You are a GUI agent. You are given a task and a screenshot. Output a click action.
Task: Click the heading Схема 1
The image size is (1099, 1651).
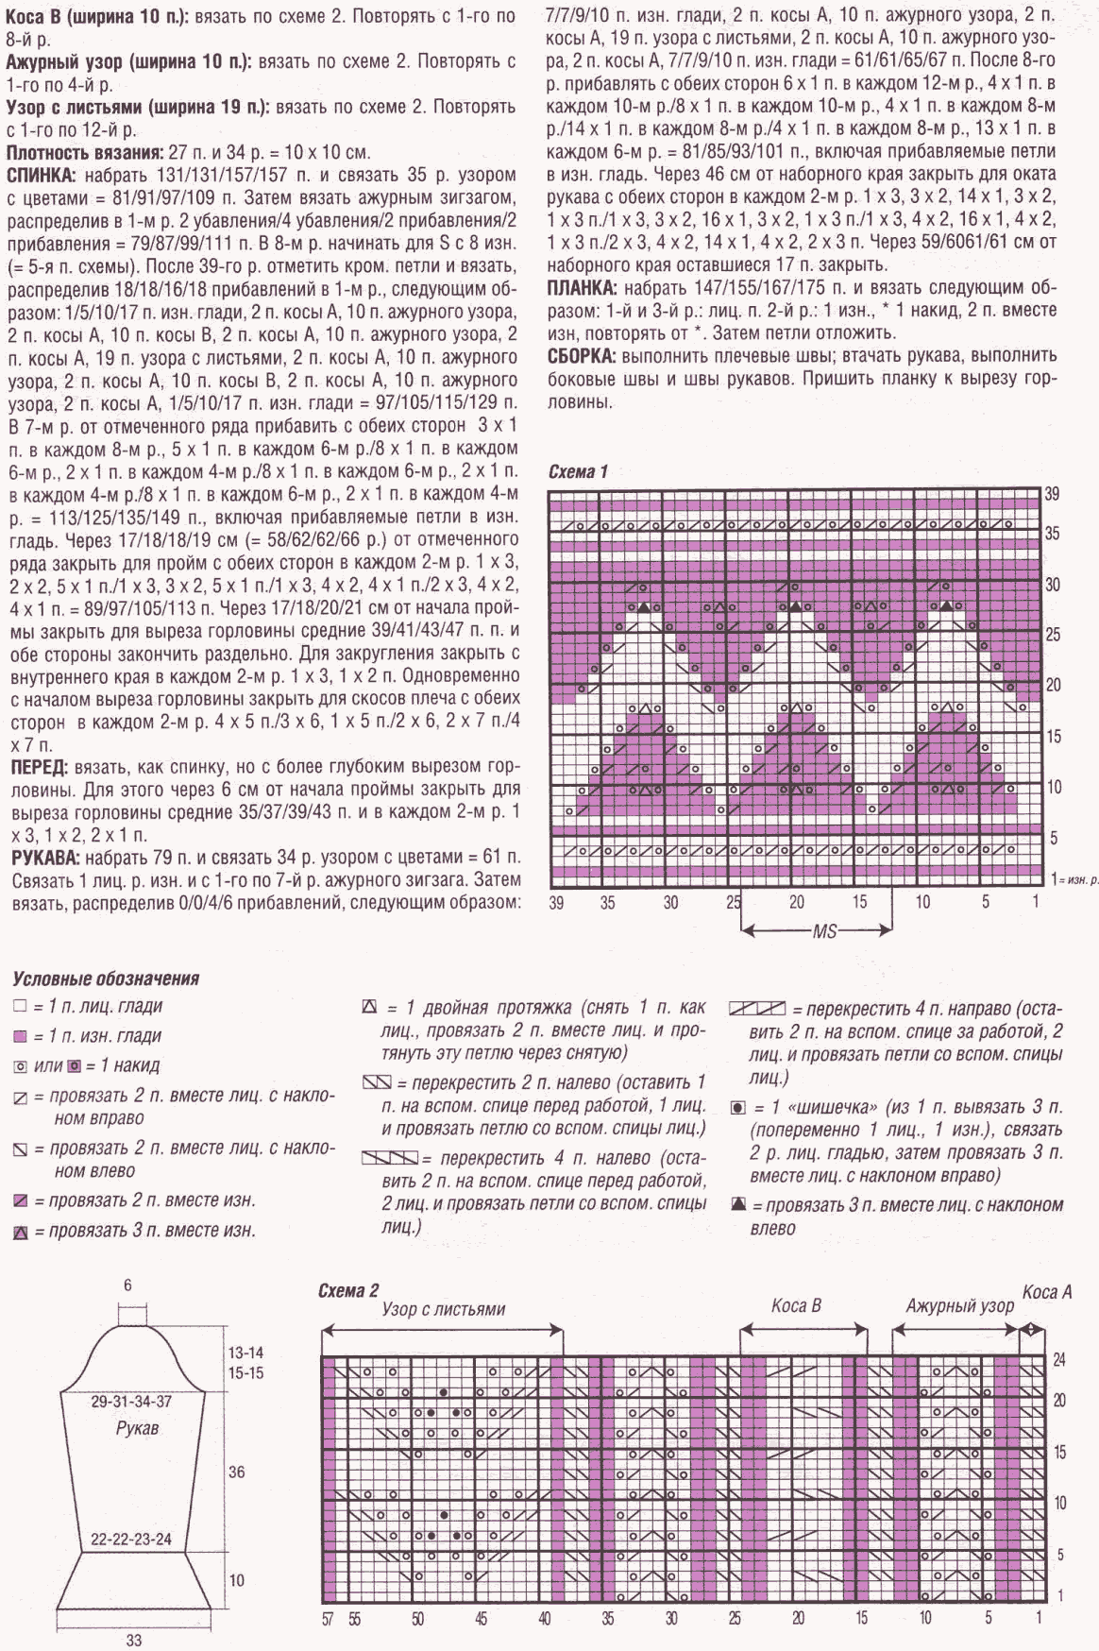[x=578, y=471]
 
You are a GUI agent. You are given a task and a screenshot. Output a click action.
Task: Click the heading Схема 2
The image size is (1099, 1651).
[x=348, y=1291]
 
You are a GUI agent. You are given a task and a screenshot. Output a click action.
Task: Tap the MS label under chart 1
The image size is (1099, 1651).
[x=824, y=931]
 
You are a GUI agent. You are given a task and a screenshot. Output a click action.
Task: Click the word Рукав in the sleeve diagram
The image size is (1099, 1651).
[x=137, y=1428]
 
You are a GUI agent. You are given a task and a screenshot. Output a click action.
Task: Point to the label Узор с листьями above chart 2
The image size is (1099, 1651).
[x=443, y=1309]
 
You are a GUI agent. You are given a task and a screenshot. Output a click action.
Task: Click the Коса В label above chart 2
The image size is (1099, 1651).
[x=796, y=1305]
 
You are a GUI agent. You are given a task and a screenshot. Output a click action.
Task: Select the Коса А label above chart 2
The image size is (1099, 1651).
[x=1047, y=1291]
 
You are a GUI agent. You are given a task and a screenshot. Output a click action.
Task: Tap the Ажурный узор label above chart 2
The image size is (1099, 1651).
[x=959, y=1306]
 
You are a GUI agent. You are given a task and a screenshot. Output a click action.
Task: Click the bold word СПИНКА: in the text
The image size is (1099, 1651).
[x=42, y=176]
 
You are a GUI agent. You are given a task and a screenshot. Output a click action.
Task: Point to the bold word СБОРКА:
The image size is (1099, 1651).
[x=581, y=356]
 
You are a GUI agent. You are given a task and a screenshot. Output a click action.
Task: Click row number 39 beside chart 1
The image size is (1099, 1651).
[x=1053, y=494]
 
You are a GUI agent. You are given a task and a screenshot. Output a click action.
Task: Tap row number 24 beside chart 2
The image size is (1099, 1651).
[x=1059, y=1359]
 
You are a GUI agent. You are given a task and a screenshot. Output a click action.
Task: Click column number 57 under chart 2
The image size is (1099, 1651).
[x=328, y=1619]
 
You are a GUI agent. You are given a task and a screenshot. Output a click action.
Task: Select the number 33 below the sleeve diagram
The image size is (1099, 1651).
[x=133, y=1641]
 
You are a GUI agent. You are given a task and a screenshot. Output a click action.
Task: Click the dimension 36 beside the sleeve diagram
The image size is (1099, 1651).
[x=236, y=1472]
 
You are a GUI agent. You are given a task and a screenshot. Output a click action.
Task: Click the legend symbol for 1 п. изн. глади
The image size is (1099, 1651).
[x=20, y=1036]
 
